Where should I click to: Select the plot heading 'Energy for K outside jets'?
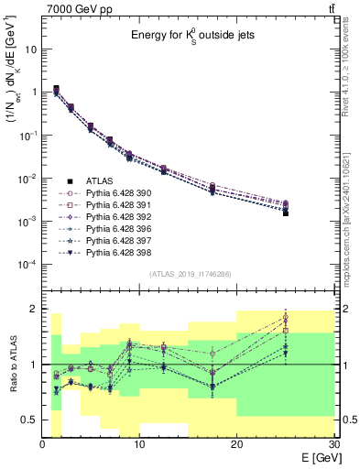pos(185,36)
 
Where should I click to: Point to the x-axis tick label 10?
pos(139,444)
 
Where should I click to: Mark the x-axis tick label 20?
pos(236,444)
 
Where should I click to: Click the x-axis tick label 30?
pos(333,444)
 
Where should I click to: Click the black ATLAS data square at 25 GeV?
pos(285,213)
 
